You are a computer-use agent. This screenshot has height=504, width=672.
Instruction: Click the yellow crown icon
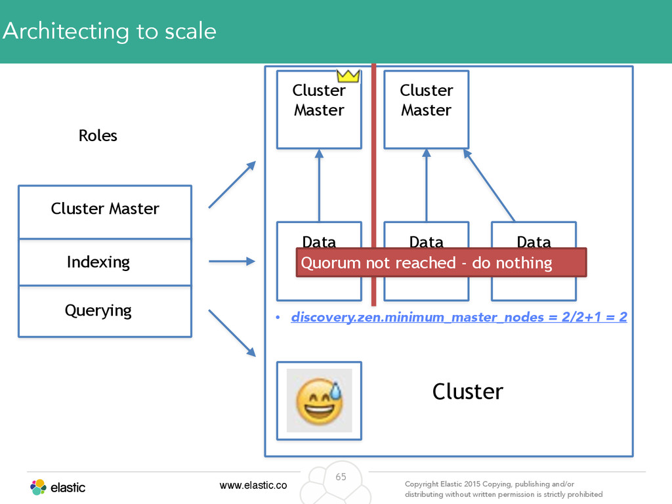coord(348,76)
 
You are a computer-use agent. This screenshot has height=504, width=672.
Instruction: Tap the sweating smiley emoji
coord(320,401)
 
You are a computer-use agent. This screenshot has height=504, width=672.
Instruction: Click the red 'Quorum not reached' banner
coord(441,262)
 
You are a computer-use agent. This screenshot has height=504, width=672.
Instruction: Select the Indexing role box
coord(105,262)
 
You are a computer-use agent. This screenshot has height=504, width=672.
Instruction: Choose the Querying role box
coord(105,311)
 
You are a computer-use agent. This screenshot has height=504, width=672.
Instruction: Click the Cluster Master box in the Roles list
coord(105,212)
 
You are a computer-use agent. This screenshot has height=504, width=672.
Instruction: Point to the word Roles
coord(98,136)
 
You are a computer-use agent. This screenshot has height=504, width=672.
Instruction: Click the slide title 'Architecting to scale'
coord(110,31)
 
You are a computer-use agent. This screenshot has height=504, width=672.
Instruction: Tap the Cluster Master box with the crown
coord(320,110)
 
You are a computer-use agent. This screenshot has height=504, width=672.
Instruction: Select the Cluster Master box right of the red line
coord(427,110)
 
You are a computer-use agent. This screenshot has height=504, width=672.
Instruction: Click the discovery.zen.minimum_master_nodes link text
coord(459,317)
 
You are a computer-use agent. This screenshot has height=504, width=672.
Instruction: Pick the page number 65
coord(341,477)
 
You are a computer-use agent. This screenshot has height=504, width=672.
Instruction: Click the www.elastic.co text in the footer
coord(253,485)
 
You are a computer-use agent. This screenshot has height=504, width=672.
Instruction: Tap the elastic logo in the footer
coord(58,488)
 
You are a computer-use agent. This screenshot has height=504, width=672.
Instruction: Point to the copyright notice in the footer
coord(503,489)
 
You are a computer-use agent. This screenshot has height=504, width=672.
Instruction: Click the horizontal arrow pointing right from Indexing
coord(232,261)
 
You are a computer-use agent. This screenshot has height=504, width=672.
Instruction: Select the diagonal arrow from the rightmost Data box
coord(489,185)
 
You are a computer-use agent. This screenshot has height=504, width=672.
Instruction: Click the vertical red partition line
coord(373,184)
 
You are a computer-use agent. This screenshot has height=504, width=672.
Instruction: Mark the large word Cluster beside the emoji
coord(467,392)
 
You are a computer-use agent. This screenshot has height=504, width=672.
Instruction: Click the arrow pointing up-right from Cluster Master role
coord(232,184)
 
